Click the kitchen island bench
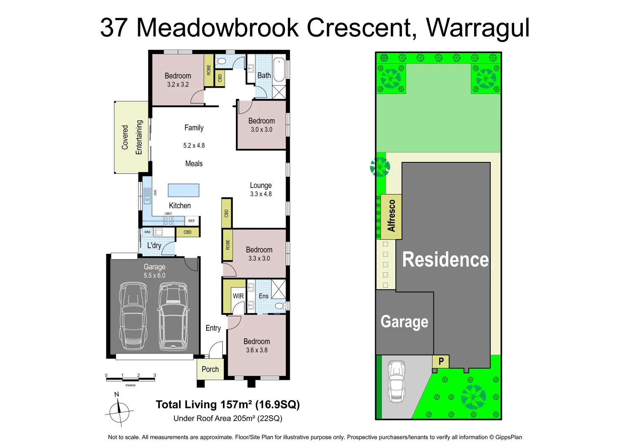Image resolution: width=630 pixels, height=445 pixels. coord(183,190)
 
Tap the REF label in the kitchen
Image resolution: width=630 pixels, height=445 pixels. coord(191,221)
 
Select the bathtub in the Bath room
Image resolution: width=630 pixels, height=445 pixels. coord(279,70)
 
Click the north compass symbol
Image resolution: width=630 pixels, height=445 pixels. coord(119,410)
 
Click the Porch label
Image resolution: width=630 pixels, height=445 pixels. coord(210,369)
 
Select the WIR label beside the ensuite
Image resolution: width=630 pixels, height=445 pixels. coord(238,296)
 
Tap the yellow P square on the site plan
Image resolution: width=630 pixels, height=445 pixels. coord(441,361)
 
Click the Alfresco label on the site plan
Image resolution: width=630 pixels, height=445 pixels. coord(391,215)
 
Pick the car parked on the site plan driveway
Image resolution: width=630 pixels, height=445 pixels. coord(397,381)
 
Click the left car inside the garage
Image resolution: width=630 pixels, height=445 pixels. coord(133,315)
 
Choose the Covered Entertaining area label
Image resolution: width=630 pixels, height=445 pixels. coord(132,137)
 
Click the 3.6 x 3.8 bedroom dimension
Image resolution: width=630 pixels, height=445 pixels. coord(256,350)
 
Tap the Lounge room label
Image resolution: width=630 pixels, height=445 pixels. coord(261,185)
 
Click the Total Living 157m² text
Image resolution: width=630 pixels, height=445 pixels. coord(228,405)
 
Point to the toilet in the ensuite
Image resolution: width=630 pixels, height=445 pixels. coord(280,306)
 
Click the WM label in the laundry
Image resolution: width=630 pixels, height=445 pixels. coord(147,232)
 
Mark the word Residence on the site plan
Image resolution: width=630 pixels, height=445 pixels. coord(445,260)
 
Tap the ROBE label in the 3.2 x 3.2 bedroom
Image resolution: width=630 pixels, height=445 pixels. coord(209,70)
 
